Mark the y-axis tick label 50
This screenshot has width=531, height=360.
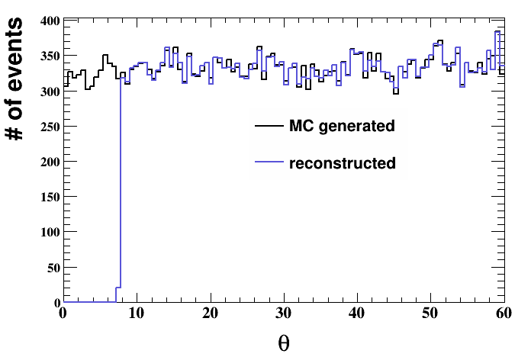pyautogui.click(x=51, y=268)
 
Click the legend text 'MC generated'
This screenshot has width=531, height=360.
pyautogui.click(x=342, y=127)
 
